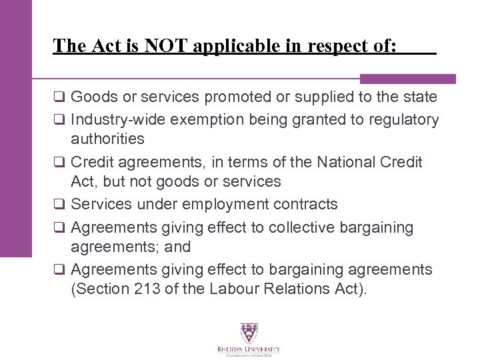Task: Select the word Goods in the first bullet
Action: point(91,98)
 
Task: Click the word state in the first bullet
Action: point(421,98)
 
